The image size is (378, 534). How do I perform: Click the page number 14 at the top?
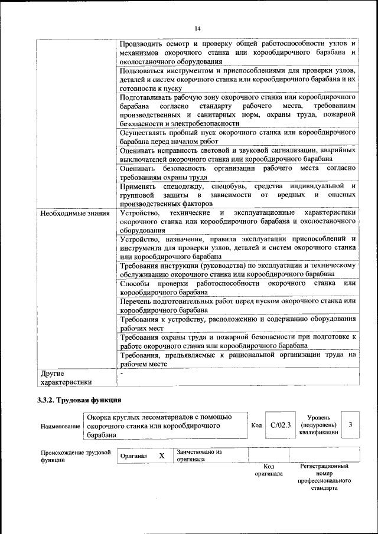tap(197, 28)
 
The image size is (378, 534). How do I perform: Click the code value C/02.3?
tap(281, 425)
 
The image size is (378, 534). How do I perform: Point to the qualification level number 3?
tap(350, 425)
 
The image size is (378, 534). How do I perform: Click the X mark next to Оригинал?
tap(162, 456)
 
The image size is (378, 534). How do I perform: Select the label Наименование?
tap(60, 426)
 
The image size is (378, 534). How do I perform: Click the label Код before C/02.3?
tap(256, 425)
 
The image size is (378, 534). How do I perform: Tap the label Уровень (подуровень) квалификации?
tap(318, 425)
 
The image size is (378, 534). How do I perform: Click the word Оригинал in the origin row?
tap(133, 456)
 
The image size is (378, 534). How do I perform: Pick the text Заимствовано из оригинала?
tap(199, 456)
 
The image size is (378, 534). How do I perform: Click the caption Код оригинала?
tap(269, 470)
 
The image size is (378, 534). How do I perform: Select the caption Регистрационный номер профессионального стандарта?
tap(324, 477)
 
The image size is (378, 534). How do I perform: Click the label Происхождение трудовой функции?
tap(76, 456)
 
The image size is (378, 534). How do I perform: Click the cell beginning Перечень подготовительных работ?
tap(237, 305)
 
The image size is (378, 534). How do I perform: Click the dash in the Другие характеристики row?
tap(121, 374)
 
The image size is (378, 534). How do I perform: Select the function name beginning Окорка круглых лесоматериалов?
tap(165, 426)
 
